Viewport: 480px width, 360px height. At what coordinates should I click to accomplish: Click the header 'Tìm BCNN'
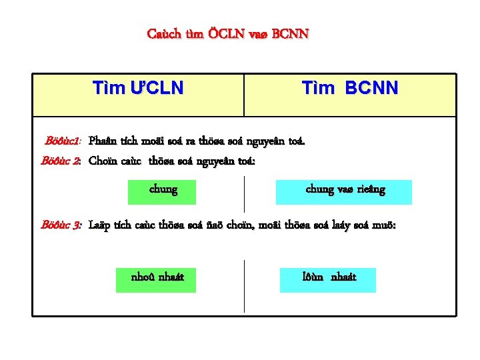click(350, 88)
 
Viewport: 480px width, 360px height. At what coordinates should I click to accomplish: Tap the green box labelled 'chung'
click(163, 191)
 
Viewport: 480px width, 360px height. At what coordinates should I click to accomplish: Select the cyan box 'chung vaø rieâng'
click(345, 191)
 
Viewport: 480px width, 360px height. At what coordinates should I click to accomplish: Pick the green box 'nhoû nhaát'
click(158, 277)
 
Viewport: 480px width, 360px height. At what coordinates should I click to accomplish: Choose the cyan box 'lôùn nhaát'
click(329, 277)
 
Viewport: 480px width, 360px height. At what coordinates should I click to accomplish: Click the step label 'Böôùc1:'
click(63, 141)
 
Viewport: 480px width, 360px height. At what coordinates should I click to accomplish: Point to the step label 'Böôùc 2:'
click(61, 161)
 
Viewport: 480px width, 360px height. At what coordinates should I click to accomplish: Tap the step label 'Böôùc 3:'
click(61, 225)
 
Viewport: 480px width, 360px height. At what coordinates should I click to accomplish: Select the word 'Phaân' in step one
click(102, 141)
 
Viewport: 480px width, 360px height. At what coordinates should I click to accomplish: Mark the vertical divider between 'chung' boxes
click(245, 193)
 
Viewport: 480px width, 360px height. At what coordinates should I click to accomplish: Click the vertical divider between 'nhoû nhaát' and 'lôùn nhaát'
click(245, 285)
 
